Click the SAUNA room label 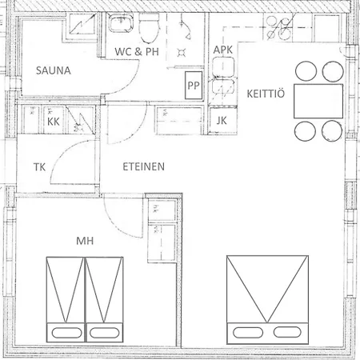(x=54, y=70)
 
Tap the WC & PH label (x=137, y=51)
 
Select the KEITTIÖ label (x=266, y=94)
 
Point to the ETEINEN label (x=143, y=166)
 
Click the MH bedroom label (x=85, y=241)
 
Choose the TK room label (x=39, y=167)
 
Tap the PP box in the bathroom (x=194, y=86)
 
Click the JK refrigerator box (x=222, y=121)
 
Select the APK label (x=222, y=50)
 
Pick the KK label (x=54, y=122)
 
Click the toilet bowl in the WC (x=150, y=28)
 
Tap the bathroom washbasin (x=121, y=23)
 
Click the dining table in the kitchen (x=318, y=101)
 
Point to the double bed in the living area (x=267, y=300)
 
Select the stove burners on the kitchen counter (x=278, y=27)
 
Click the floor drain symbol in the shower (x=182, y=53)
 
